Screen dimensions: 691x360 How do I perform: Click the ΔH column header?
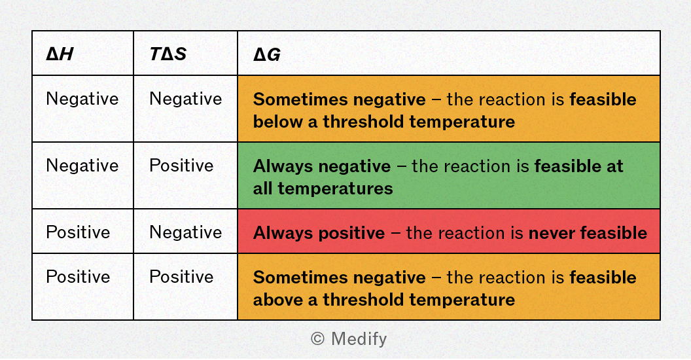(60, 54)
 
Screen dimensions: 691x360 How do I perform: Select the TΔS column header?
(168, 54)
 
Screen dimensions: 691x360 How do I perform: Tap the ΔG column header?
(266, 54)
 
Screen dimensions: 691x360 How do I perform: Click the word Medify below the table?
(359, 339)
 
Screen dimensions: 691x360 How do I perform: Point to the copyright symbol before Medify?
(318, 339)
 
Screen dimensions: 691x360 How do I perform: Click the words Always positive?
(319, 233)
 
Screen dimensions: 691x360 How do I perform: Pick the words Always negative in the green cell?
(322, 166)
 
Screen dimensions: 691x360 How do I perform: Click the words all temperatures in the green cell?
(323, 189)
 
